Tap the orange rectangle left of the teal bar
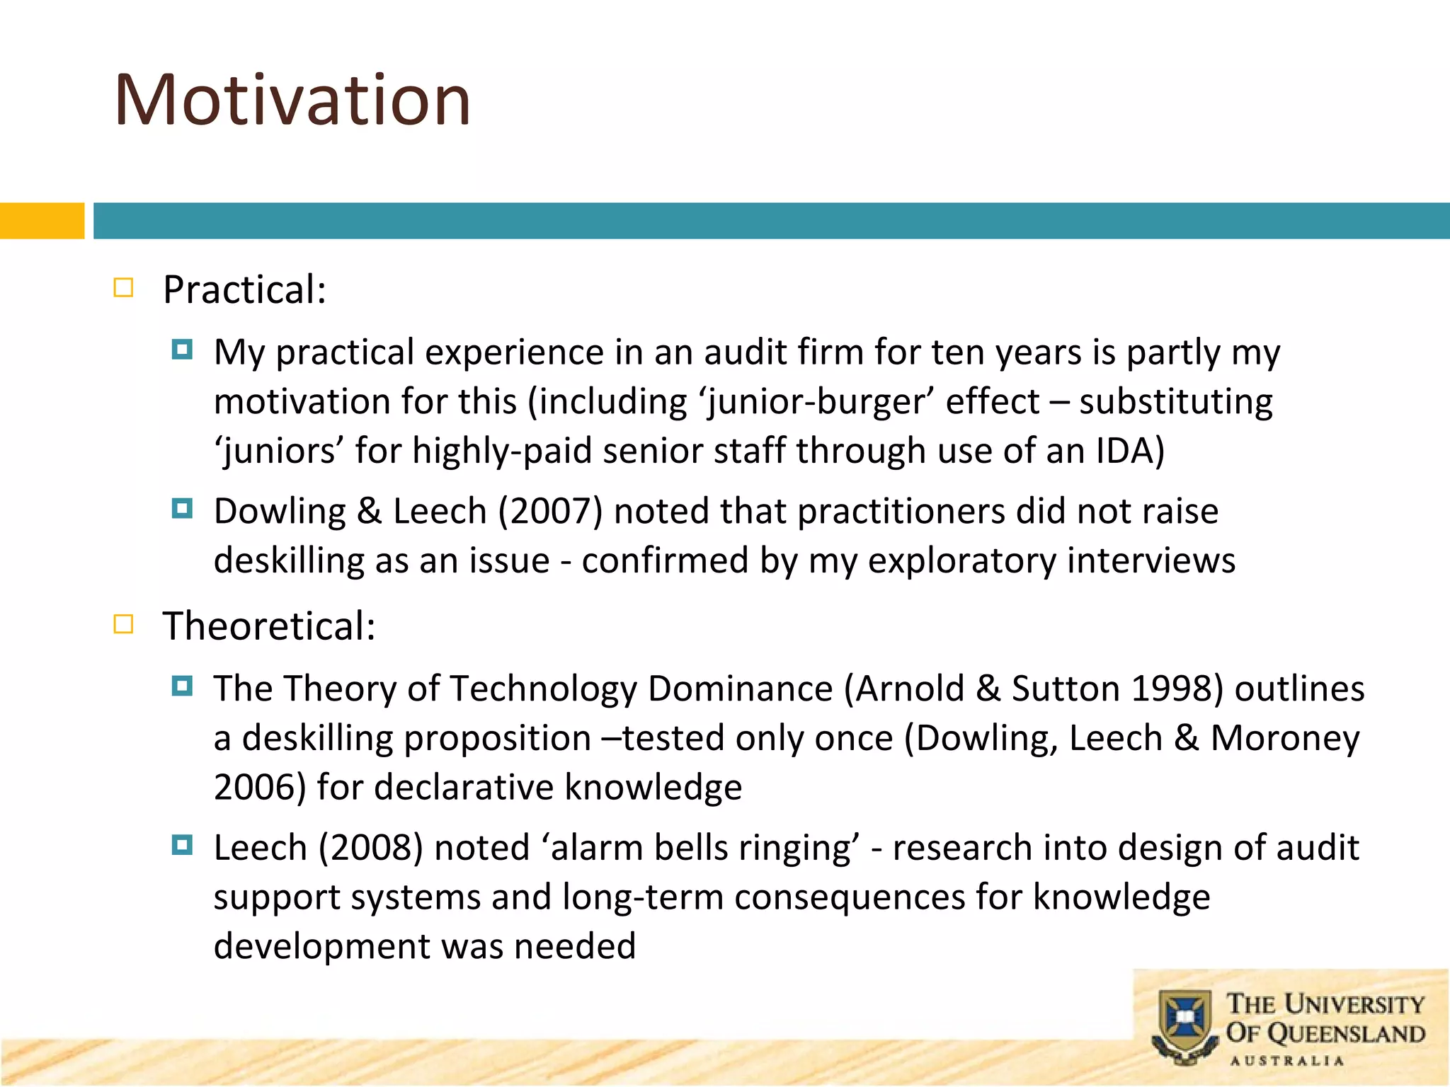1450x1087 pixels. coord(42,221)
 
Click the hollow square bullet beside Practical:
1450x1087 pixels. coord(123,288)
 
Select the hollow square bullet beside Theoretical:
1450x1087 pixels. coord(123,624)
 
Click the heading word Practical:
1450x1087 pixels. coord(244,289)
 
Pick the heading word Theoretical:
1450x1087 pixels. coord(269,626)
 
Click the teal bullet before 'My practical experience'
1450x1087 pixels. coord(182,350)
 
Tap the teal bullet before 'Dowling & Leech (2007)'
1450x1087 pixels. coord(182,508)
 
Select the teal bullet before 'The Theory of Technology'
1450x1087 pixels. coord(182,686)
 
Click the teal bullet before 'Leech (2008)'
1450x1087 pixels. coord(182,845)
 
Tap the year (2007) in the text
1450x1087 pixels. coord(550,511)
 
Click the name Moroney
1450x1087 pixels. coord(1285,738)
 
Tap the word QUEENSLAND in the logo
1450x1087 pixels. coord(1345,1034)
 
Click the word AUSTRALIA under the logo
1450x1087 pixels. coord(1286,1061)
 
